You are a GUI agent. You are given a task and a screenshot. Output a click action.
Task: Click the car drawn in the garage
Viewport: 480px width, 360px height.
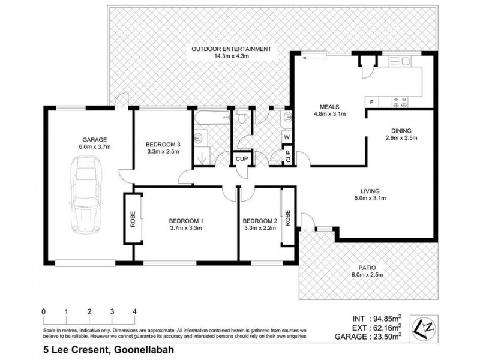[x=85, y=195]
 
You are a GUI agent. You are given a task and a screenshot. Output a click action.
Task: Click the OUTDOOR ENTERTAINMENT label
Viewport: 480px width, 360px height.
[x=231, y=49]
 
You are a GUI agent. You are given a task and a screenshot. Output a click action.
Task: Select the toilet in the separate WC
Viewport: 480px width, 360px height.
[x=242, y=118]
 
